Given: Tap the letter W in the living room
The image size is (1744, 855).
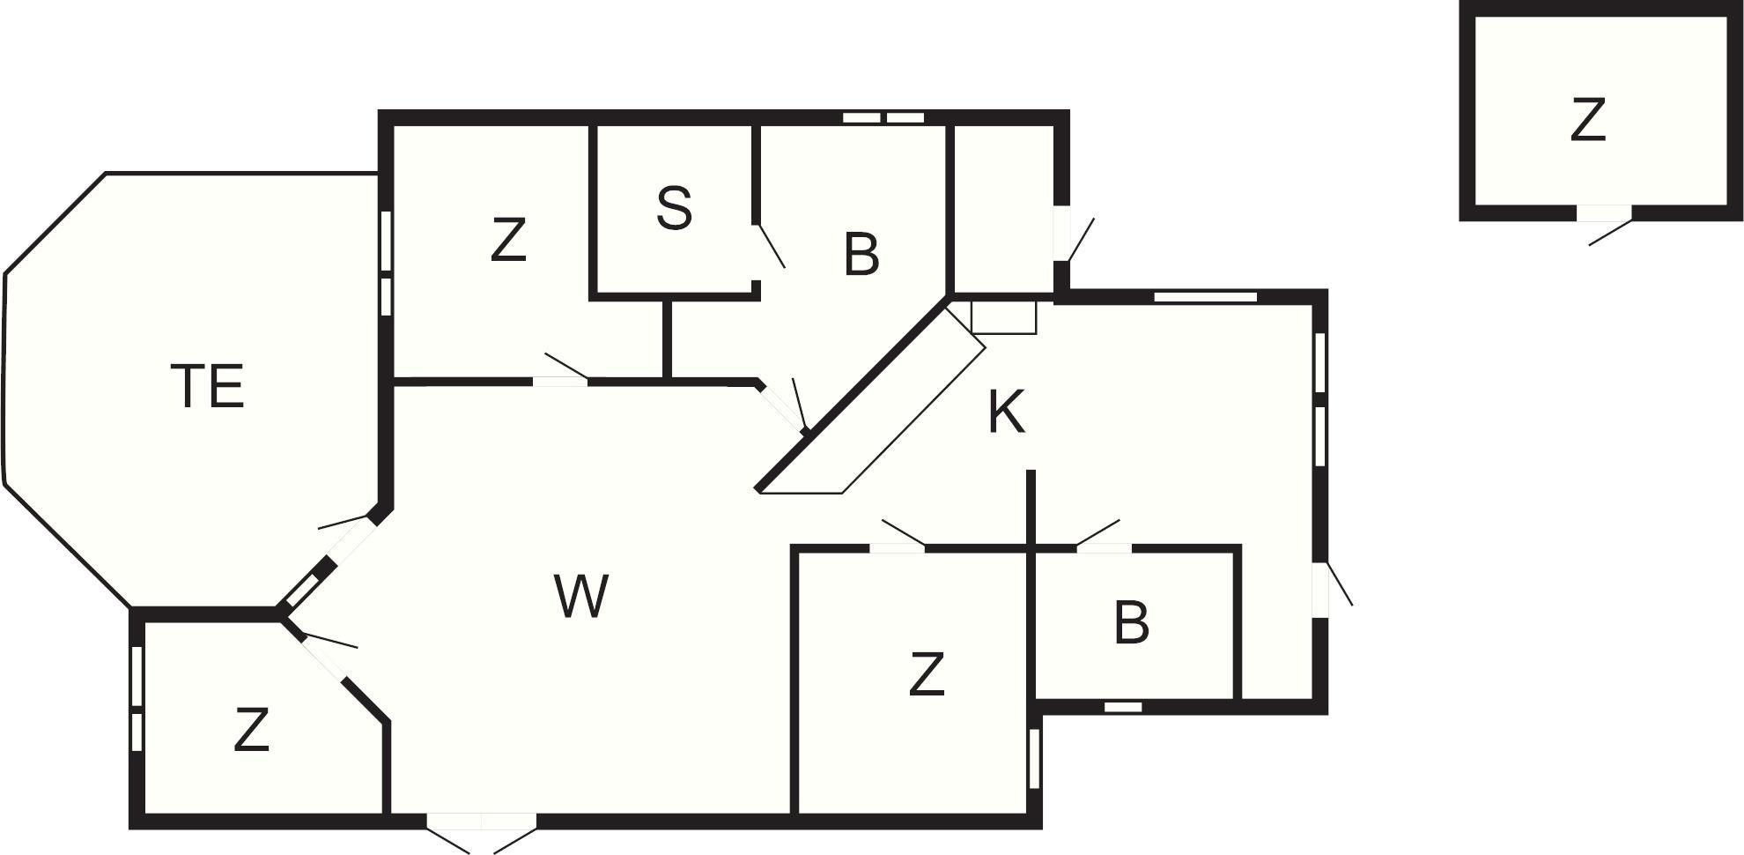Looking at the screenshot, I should point(581,596).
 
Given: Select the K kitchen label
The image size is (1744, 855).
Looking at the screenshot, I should point(1006,413).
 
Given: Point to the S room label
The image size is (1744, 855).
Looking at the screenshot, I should point(675,209).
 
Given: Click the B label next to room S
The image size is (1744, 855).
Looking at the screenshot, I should point(861,255).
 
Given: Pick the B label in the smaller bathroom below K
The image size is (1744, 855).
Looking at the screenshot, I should point(1131,622).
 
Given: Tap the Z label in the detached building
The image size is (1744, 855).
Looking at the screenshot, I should point(1588,121).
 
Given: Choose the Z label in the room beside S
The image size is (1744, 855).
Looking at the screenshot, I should point(508,241).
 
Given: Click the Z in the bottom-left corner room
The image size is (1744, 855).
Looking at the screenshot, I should point(251,730).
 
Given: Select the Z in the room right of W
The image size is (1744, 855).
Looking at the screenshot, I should point(926,674).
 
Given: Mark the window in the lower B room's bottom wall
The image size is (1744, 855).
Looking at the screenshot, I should point(1123,707).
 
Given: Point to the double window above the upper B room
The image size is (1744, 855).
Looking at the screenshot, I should point(883,117).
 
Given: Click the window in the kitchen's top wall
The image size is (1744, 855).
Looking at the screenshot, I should point(1205,297).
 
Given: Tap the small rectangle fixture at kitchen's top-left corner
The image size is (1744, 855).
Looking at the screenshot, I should point(1003,317).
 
